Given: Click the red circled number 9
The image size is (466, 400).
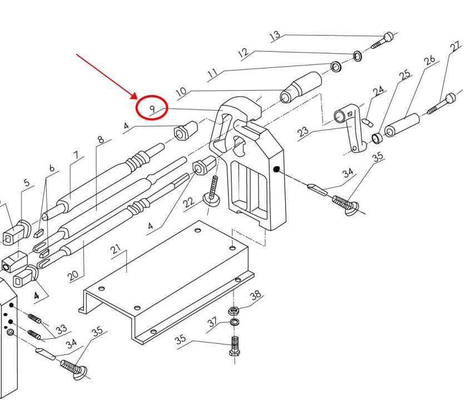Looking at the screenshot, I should (x=151, y=107).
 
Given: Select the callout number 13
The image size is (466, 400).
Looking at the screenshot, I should (x=275, y=36).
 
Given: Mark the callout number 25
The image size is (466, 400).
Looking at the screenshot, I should (x=404, y=74).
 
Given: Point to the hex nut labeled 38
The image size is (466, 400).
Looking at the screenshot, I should (x=234, y=309).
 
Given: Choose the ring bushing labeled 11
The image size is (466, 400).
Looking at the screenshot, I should (x=336, y=67).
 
